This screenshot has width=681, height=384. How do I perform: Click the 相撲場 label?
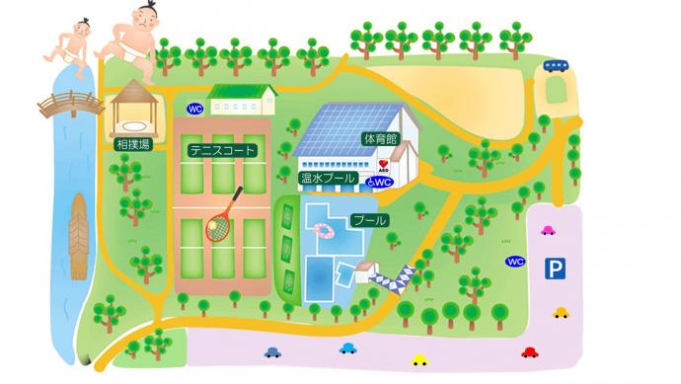133,145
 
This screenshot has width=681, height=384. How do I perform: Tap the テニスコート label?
223,151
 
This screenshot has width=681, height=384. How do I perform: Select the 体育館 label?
379,139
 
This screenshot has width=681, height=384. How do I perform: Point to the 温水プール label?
328,179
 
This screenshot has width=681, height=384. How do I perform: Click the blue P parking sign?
557,268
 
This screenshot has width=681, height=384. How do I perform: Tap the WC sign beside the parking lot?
514,262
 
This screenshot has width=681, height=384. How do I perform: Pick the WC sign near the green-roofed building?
194,109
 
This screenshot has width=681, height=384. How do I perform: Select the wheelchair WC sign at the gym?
380,183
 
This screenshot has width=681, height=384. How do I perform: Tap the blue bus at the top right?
556,66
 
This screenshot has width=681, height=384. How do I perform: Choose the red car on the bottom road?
529,351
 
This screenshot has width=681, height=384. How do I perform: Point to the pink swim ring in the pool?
324,231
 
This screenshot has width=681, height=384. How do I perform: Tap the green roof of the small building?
242,92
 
